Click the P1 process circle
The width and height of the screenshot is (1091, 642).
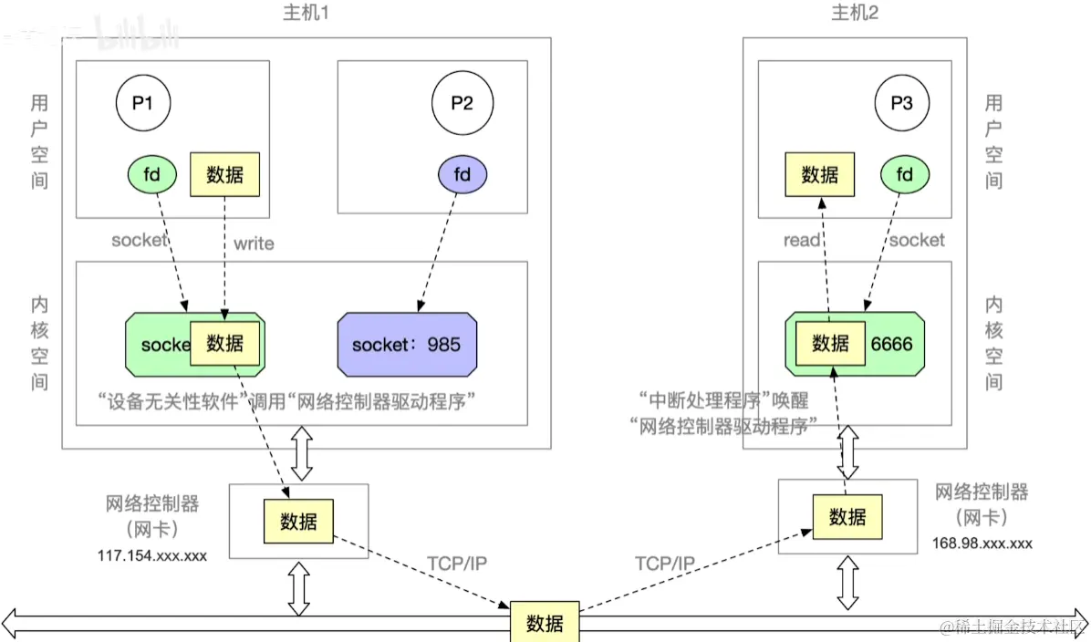143,103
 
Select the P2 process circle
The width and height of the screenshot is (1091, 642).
462,103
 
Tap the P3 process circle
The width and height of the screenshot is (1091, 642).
901,103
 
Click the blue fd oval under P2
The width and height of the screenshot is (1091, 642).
462,174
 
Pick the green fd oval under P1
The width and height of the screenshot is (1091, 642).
152,174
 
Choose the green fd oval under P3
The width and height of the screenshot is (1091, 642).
905,174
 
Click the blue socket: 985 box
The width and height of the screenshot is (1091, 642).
407,345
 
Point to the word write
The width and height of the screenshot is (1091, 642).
254,243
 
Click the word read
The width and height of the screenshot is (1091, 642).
803,240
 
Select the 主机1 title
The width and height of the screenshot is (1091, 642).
307,14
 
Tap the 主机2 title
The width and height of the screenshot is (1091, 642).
854,14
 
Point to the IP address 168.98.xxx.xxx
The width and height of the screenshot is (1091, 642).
982,544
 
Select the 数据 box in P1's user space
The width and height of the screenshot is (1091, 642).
224,174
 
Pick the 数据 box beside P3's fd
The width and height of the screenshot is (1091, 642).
819,174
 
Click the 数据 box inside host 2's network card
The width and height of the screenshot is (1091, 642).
847,517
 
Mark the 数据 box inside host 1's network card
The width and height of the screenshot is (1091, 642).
298,522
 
